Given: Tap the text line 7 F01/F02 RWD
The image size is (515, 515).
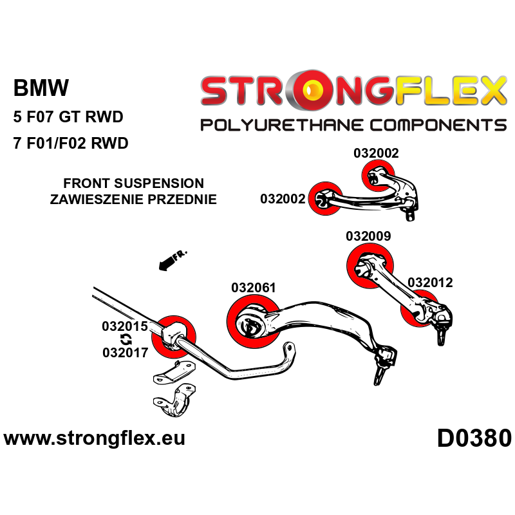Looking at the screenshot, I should [71, 144].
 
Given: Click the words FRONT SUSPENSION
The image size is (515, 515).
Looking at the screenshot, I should [134, 184].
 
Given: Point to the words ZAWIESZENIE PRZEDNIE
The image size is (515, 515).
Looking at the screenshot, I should [133, 200].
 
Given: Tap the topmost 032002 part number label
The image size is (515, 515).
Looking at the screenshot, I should [376, 153].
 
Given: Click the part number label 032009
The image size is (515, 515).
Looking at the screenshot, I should [368, 236].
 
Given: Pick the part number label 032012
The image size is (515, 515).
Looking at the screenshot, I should [430, 282].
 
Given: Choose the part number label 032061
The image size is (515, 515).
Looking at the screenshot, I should [254, 288].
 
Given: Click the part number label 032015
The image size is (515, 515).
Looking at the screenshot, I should [125, 326].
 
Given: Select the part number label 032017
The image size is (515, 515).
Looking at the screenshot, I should [125, 352].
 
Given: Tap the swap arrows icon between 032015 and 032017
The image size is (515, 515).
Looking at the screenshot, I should [125, 339].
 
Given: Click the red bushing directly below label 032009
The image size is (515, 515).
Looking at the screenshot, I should [370, 268].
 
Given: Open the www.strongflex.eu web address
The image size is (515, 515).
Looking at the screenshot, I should [95, 439].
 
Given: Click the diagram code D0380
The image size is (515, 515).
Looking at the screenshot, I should [474, 439].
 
